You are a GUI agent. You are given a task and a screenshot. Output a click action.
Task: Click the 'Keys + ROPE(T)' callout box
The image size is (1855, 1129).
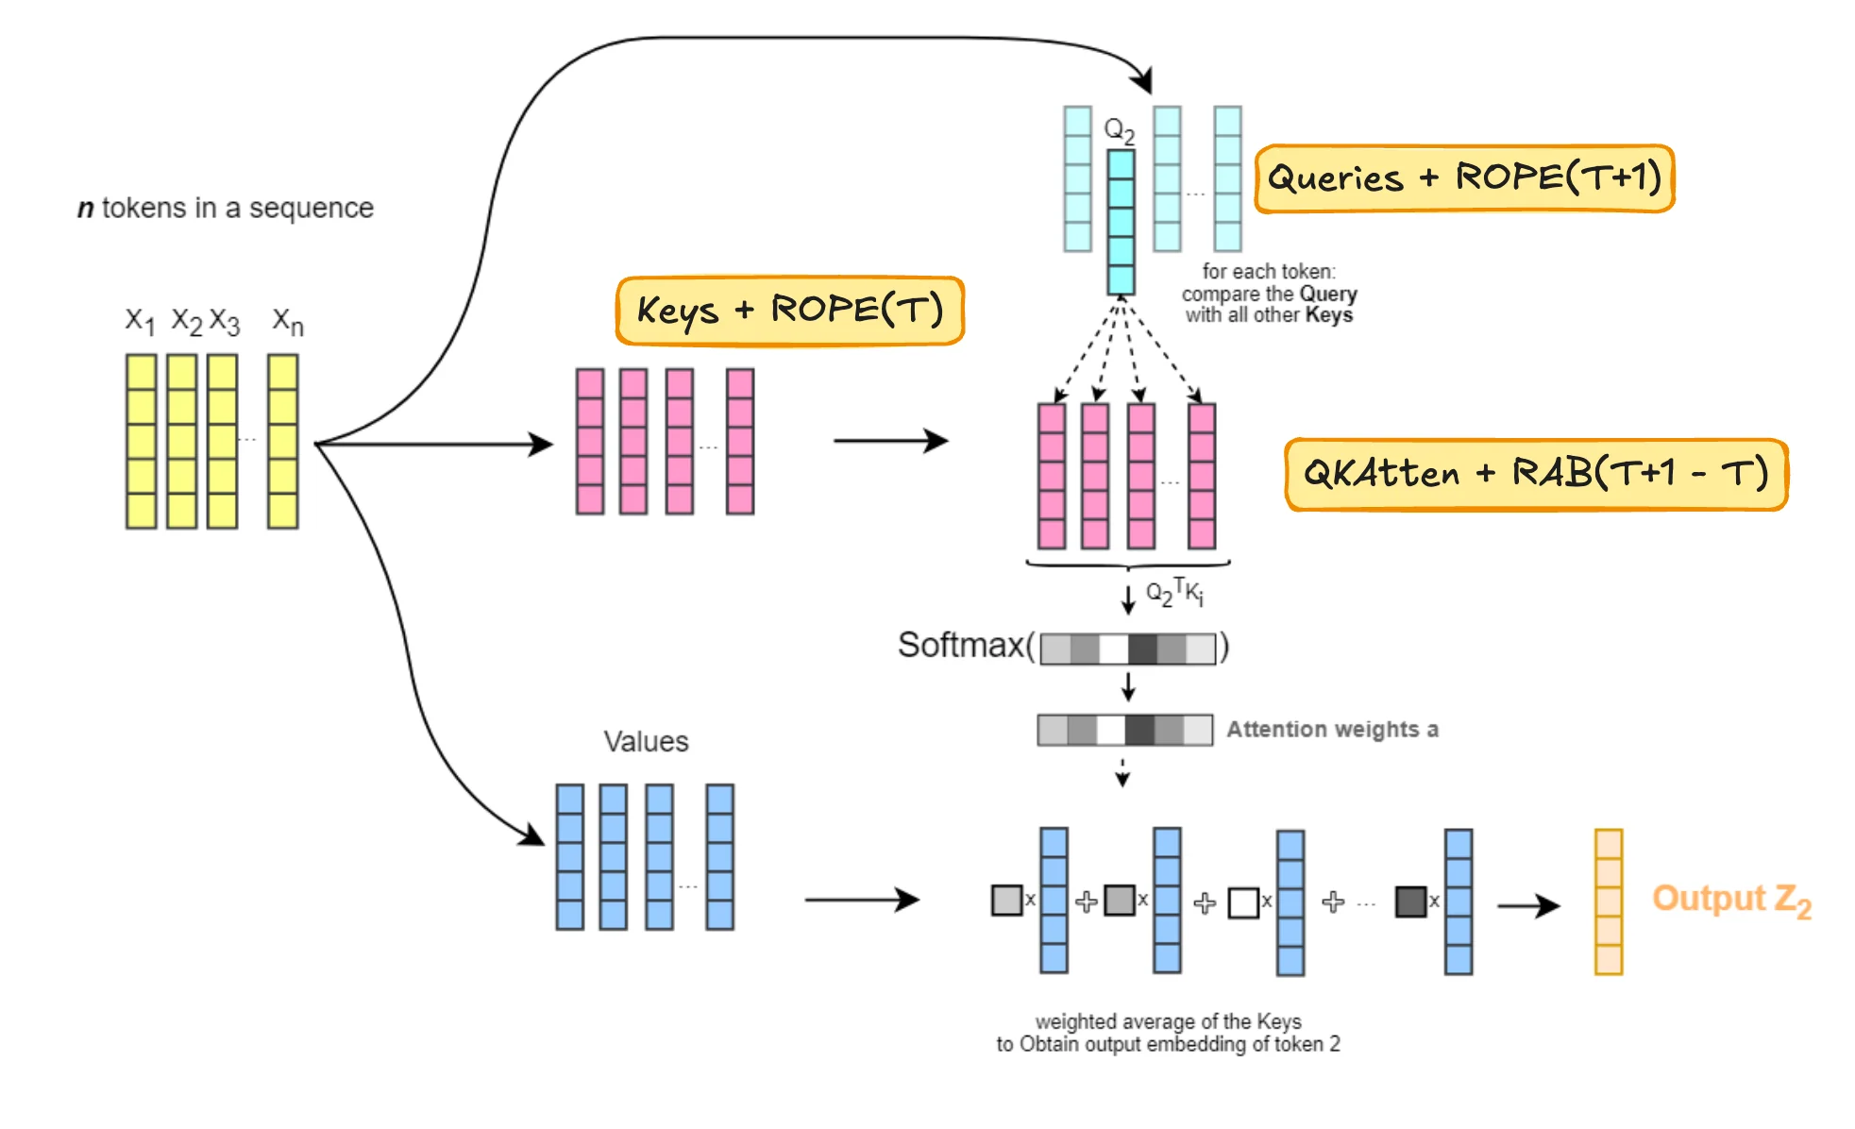[x=789, y=311]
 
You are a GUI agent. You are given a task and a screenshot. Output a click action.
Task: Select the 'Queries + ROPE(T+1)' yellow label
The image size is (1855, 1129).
[x=1463, y=178]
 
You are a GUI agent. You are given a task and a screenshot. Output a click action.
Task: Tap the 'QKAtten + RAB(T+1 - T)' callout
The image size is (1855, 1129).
[x=1536, y=474]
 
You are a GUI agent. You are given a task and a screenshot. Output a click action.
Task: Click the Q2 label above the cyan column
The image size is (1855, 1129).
[x=1120, y=130]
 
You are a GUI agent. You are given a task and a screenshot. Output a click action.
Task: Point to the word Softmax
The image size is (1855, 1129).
[x=960, y=646]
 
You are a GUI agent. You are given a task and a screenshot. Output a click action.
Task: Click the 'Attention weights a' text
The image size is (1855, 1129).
[x=1332, y=730]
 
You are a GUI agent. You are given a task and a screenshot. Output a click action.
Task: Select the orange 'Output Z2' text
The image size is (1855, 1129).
[x=1731, y=900]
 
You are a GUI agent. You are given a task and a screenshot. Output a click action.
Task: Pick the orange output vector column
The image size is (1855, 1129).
[x=1609, y=902]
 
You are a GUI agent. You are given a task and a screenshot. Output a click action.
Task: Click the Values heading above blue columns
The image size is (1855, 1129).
[x=646, y=742]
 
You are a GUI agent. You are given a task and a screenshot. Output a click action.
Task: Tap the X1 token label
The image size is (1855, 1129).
[x=140, y=321]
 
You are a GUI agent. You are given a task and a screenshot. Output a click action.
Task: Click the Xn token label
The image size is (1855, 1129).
[x=288, y=322]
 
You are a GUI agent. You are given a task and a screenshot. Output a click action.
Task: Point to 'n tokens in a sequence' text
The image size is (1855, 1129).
[x=226, y=208]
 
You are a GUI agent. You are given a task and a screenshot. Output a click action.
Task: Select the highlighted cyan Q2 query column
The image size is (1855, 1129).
[x=1121, y=223]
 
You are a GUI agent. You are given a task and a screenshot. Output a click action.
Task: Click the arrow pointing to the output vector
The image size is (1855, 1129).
[x=1528, y=905]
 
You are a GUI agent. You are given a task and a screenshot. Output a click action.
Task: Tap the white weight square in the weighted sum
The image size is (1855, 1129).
[x=1243, y=902]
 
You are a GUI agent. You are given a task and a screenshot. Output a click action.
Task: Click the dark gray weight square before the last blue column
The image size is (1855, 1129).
[x=1410, y=902]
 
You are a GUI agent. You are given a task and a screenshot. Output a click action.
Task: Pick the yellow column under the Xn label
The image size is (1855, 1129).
[x=282, y=441]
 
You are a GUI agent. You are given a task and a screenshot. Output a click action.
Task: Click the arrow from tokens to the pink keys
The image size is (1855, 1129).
[x=434, y=444]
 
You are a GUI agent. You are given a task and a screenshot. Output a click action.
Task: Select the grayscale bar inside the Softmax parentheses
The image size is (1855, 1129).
[x=1127, y=649]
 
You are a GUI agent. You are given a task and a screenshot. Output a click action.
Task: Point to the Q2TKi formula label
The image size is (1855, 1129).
[x=1174, y=593]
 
